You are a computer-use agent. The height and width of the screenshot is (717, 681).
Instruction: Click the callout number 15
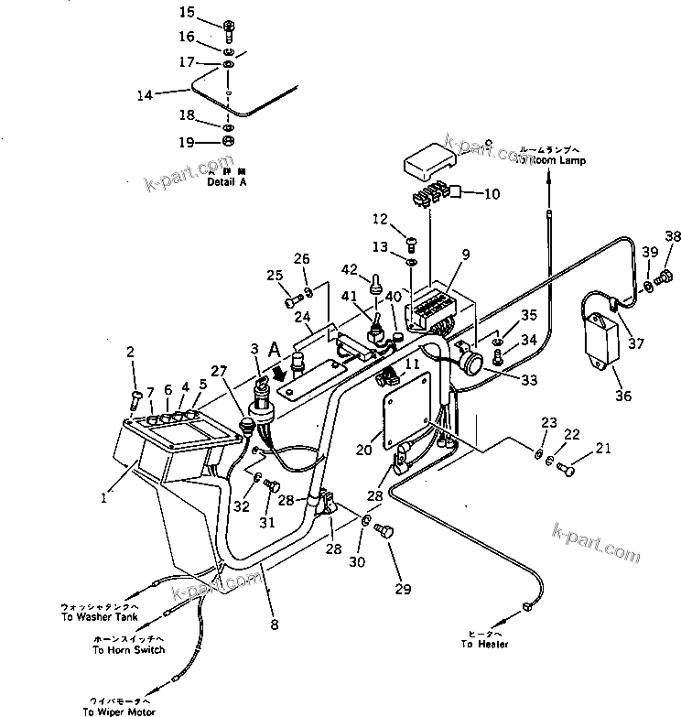186,12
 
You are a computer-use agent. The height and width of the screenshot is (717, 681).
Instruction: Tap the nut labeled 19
229,141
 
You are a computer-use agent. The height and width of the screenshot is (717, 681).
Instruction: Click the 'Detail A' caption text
227,182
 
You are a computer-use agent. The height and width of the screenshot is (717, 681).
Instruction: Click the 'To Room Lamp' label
549,160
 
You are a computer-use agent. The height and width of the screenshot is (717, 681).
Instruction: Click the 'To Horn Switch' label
129,650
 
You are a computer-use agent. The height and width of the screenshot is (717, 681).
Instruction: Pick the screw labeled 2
135,398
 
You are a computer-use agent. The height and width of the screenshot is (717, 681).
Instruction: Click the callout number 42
348,268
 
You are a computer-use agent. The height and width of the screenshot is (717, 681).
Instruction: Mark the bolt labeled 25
291,299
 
